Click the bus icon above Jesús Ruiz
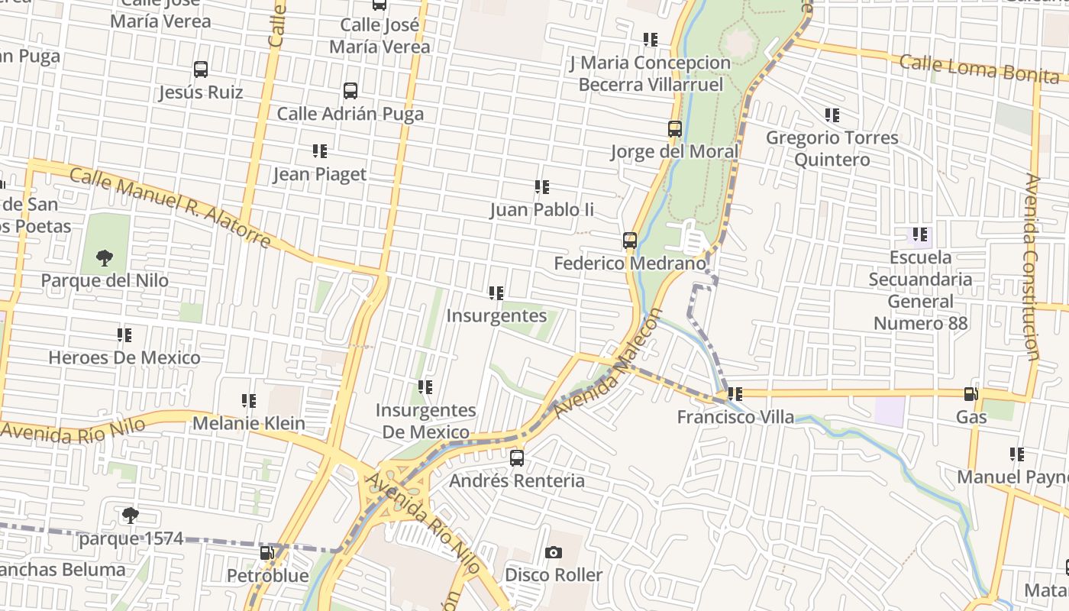pyautogui.click(x=201, y=70)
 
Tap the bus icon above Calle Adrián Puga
pyautogui.click(x=350, y=91)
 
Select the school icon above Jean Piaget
pyautogui.click(x=320, y=151)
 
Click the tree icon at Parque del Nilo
pyautogui.click(x=105, y=257)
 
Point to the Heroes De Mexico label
pyautogui.click(x=124, y=357)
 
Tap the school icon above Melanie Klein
pyautogui.click(x=249, y=401)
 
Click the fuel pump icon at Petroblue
pyautogui.click(x=267, y=553)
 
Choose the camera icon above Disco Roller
pyautogui.click(x=554, y=552)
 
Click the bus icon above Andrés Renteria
pyautogui.click(x=517, y=458)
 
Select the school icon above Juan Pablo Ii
pyautogui.click(x=542, y=187)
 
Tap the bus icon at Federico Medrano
pyautogui.click(x=630, y=241)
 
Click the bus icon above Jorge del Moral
pyautogui.click(x=675, y=129)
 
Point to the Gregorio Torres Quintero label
pyautogui.click(x=832, y=148)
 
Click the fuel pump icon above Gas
pyautogui.click(x=971, y=394)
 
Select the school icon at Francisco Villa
pyautogui.click(x=735, y=395)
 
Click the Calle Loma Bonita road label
pyautogui.click(x=979, y=67)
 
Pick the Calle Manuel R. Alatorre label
pyautogui.click(x=170, y=208)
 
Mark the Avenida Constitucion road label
pyautogui.click(x=1032, y=267)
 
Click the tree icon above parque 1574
pyautogui.click(x=131, y=516)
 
